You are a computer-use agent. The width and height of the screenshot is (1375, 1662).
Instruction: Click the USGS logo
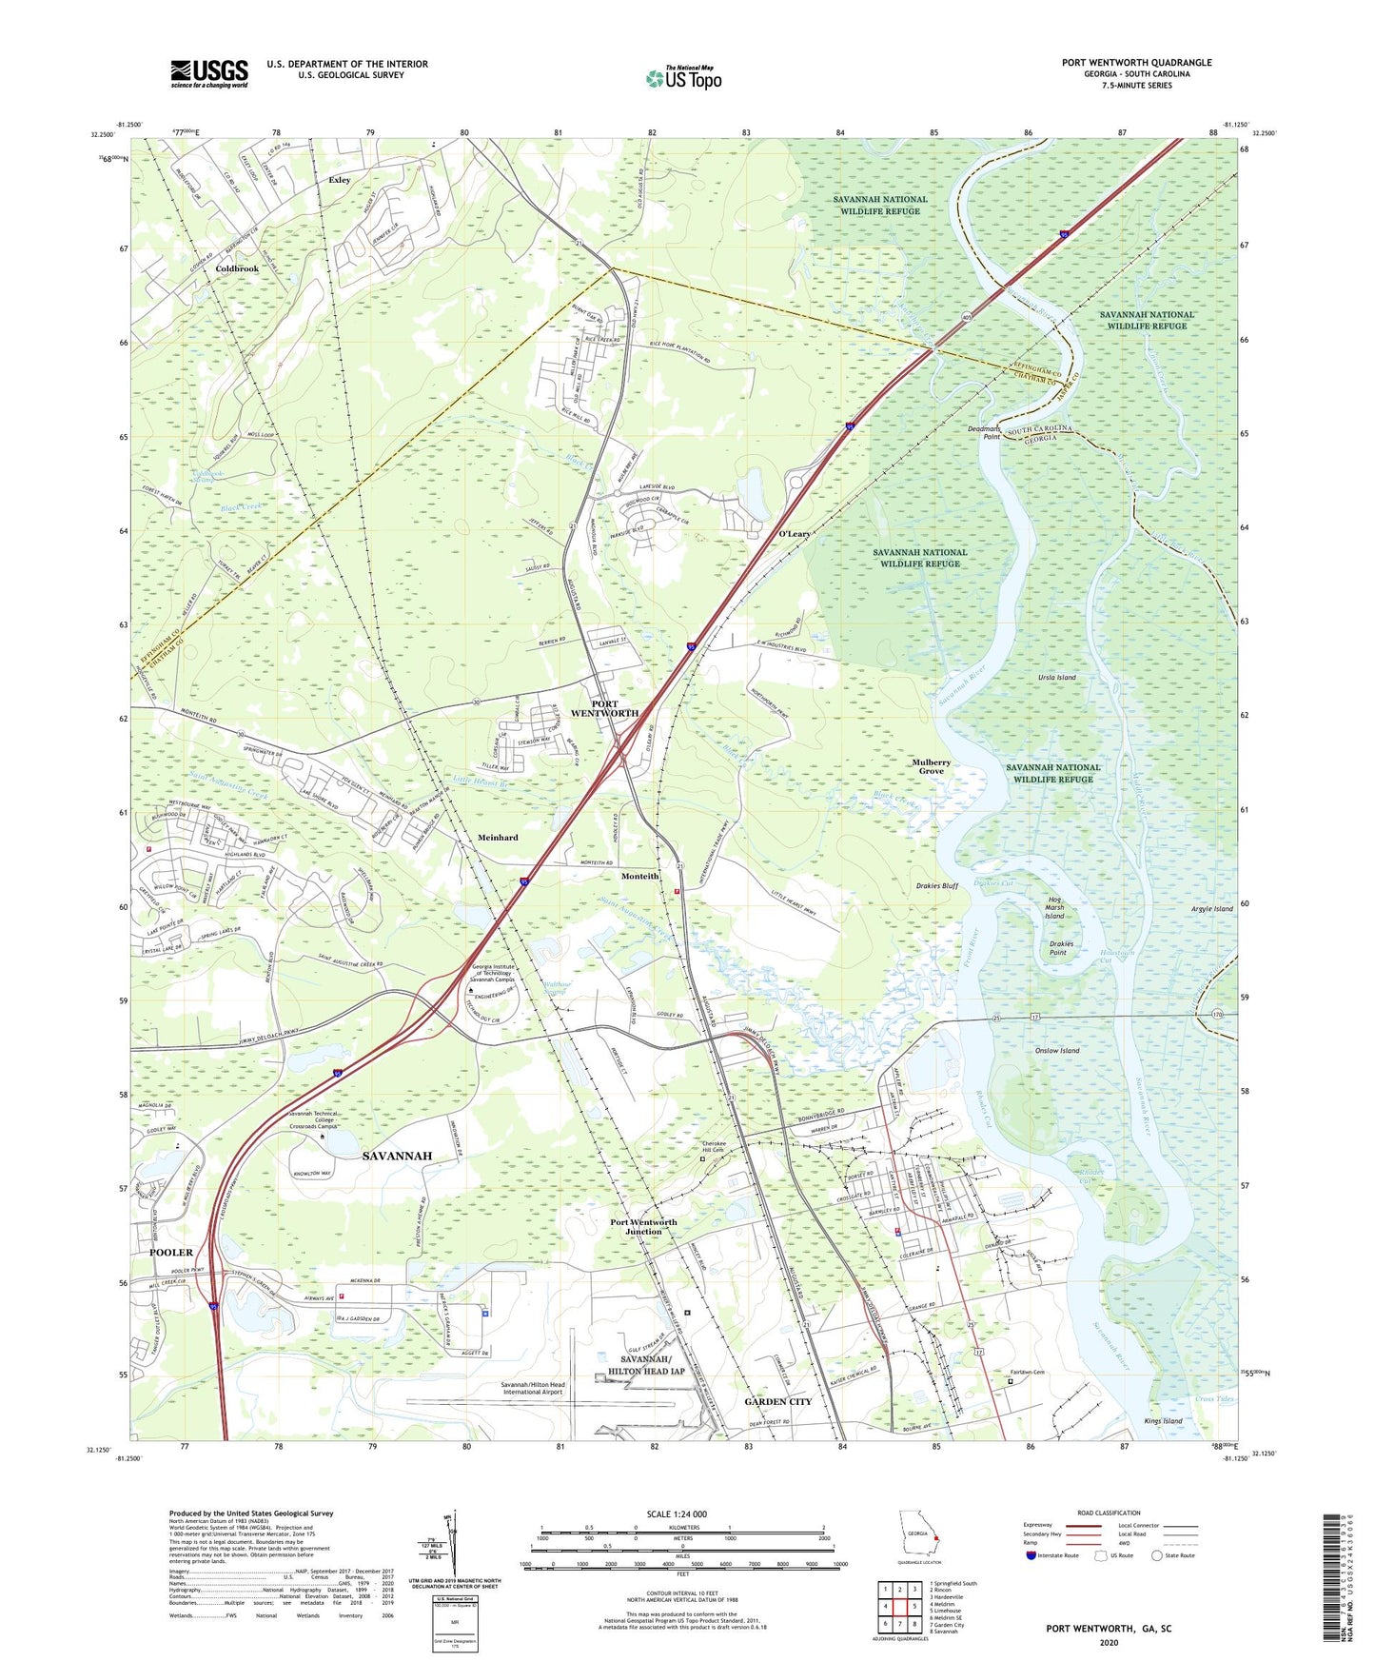[x=209, y=73]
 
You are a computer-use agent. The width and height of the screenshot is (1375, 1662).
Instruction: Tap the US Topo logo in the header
[x=682, y=78]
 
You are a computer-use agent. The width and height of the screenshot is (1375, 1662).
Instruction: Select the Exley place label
[x=339, y=180]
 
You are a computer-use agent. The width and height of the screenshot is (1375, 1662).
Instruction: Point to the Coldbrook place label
[x=236, y=269]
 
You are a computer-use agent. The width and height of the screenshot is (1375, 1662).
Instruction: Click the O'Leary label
[x=795, y=534]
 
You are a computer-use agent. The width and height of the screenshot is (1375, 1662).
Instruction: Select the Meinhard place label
[x=498, y=838]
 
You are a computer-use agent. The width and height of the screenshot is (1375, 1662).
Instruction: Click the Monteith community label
[x=639, y=876]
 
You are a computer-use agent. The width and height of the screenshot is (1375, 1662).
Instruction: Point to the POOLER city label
[x=171, y=1252]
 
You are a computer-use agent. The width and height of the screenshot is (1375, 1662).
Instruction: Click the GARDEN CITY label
[x=777, y=1401]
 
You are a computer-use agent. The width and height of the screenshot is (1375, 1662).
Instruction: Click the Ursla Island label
[x=1056, y=678]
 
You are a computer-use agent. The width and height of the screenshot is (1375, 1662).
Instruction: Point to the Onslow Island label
[x=1056, y=1051]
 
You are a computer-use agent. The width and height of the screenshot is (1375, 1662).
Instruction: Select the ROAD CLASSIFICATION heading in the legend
[x=1108, y=1513]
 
